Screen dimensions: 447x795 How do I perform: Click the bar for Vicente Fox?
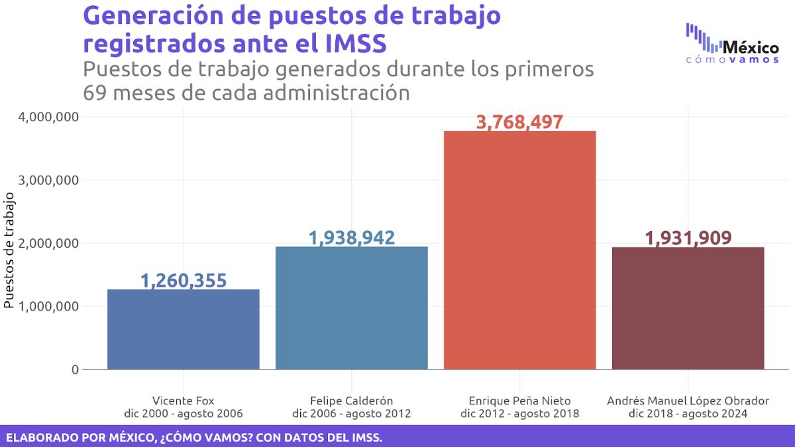click(x=184, y=329)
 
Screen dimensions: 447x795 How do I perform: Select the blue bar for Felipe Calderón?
click(x=352, y=308)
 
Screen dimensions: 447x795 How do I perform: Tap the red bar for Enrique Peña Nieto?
click(x=520, y=250)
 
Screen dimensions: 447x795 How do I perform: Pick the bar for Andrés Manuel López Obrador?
click(x=688, y=308)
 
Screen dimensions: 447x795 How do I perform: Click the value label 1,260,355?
click(x=184, y=281)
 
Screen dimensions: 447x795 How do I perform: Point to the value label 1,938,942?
click(x=352, y=238)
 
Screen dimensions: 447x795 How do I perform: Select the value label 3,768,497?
click(x=520, y=123)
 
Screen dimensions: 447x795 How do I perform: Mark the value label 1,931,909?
click(x=688, y=238)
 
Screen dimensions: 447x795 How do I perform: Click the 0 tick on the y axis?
click(x=75, y=370)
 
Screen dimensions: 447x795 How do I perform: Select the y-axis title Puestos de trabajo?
click(x=9, y=250)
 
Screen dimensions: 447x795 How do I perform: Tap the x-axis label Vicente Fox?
click(x=184, y=401)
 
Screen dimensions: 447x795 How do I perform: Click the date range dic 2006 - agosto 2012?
click(x=352, y=414)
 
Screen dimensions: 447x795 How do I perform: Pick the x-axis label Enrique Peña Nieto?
click(x=520, y=401)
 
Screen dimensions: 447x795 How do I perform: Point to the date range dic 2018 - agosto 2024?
click(x=688, y=414)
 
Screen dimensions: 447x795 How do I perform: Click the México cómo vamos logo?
click(x=732, y=45)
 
